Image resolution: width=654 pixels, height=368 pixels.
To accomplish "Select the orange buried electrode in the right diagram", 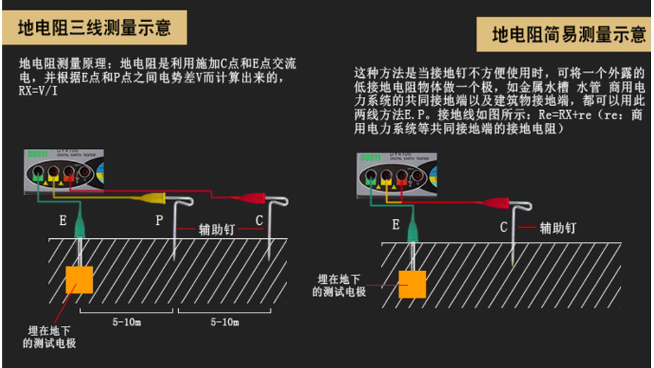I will [x=412, y=284].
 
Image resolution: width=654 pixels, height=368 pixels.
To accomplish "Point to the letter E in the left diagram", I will [x=63, y=221].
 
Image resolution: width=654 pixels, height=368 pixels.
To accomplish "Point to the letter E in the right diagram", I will [x=396, y=225].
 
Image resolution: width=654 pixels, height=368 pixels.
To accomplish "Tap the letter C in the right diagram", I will [x=503, y=227].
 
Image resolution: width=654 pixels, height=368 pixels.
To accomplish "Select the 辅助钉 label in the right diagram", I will [x=557, y=228].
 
